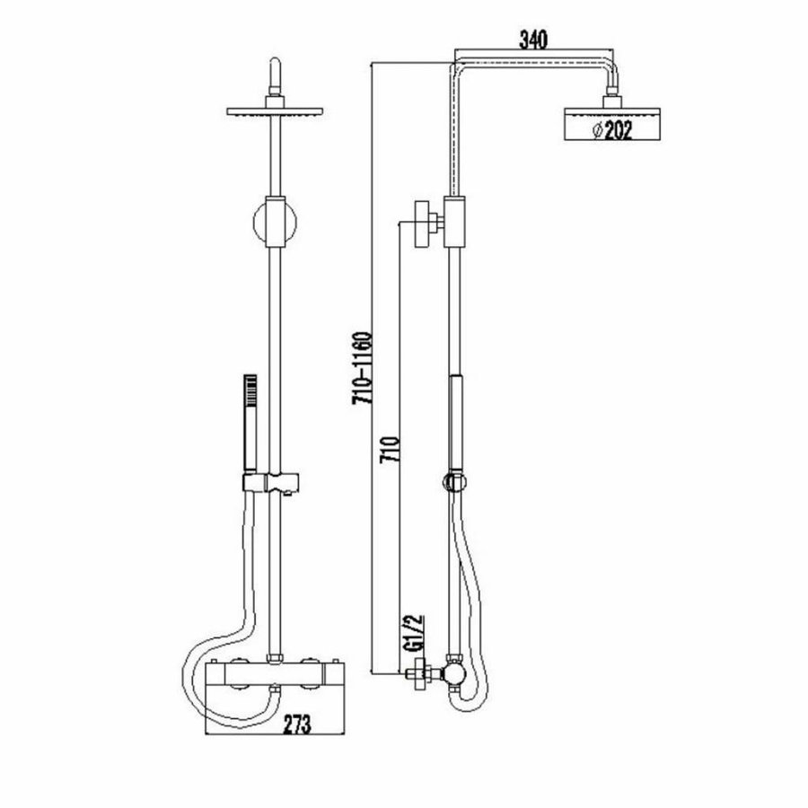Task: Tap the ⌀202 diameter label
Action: tap(613, 131)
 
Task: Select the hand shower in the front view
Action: tap(250, 417)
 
